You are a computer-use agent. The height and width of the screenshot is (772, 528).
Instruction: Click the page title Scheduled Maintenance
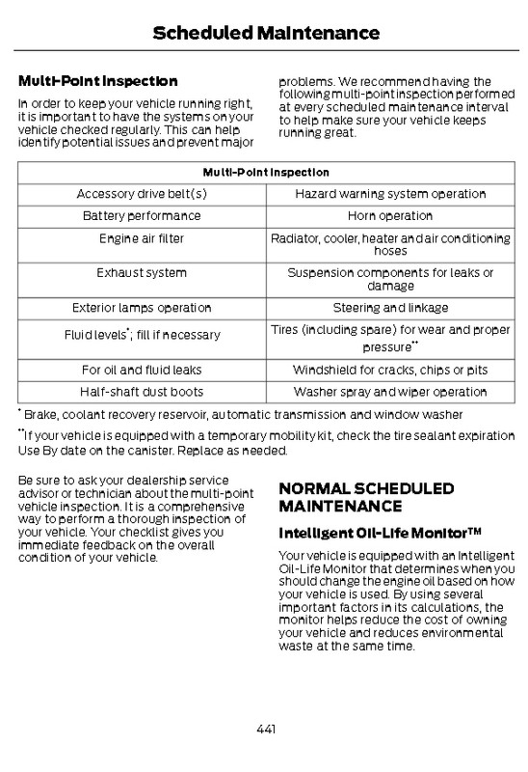coord(265,34)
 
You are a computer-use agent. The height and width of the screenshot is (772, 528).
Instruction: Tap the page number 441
coord(265,729)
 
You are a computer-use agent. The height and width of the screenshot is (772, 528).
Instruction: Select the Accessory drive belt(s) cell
coord(142,194)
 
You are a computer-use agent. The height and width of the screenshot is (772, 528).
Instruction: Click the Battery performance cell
coord(142,215)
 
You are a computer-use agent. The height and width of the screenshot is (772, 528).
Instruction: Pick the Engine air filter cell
coord(142,237)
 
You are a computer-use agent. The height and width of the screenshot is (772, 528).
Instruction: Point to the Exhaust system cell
coord(142,273)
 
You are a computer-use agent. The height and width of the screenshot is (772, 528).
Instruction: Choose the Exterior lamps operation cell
coord(142,308)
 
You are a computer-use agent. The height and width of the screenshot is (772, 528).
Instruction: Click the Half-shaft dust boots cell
coord(142,392)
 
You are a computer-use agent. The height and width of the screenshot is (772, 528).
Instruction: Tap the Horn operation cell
coord(390,215)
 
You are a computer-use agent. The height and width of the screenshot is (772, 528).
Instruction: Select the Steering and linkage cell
coord(390,308)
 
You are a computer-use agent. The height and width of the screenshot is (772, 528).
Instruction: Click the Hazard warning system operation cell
coord(390,194)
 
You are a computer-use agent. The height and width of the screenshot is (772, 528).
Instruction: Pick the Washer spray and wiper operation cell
coord(390,392)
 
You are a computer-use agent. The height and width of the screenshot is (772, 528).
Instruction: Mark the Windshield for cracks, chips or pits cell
coord(390,370)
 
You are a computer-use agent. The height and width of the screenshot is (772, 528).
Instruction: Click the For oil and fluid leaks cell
coord(142,370)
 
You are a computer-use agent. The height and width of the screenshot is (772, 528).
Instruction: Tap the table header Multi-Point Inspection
coord(265,173)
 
